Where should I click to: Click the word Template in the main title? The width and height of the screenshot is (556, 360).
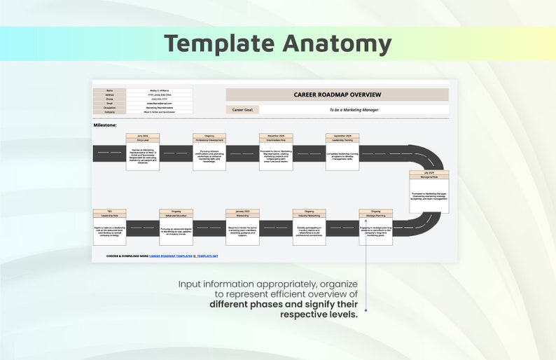[x=220, y=43]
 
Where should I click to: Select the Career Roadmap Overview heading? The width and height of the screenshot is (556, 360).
[x=337, y=95]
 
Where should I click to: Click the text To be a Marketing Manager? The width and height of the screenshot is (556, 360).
[x=354, y=110]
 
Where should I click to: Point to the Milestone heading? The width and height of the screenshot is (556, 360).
[x=105, y=125]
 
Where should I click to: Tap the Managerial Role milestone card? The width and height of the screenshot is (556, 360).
[x=429, y=192]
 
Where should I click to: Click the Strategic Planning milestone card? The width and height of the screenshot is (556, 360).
[x=376, y=227]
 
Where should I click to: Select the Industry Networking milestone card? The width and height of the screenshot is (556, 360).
[x=310, y=227]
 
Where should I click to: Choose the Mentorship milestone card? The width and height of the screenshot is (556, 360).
[x=243, y=227]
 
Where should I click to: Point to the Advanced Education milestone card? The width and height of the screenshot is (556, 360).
[x=176, y=227]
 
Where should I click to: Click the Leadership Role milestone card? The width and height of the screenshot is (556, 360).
[x=110, y=227]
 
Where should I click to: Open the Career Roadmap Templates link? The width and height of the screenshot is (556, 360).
[x=170, y=256]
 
